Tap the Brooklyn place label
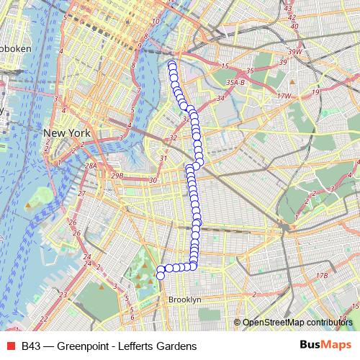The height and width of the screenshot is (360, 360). point(184,299)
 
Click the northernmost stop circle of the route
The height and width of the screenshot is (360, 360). point(172,66)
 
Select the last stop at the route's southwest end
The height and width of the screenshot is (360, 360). point(161,274)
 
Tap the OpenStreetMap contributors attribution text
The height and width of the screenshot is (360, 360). point(297,322)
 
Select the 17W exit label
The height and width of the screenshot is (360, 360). point(284,95)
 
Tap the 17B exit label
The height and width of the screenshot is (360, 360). point(322,275)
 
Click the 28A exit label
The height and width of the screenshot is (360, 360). point(91,166)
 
